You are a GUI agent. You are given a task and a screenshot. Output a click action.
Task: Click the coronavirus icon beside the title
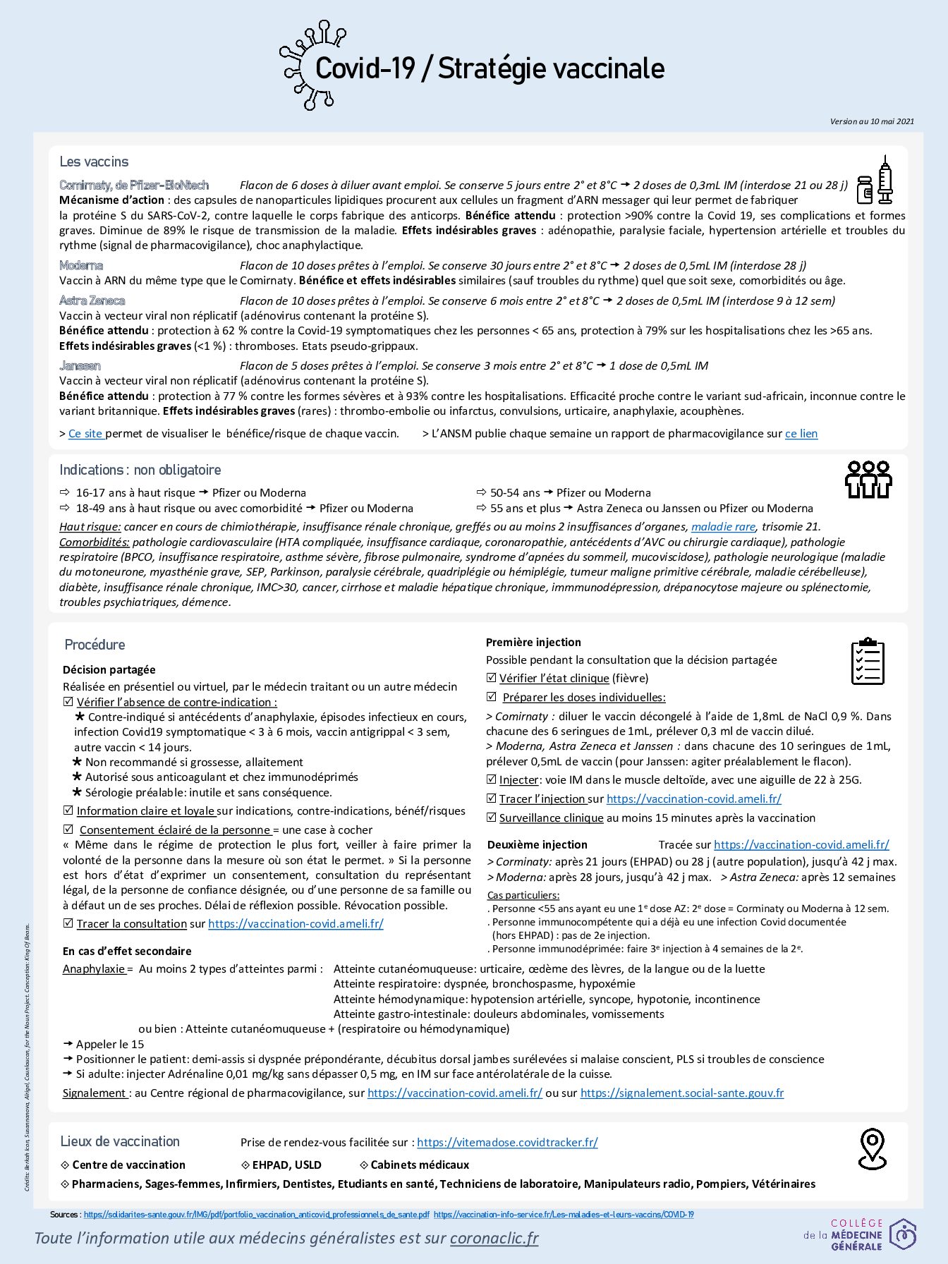(x=305, y=66)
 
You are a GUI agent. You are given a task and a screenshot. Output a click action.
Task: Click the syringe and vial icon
(x=875, y=182)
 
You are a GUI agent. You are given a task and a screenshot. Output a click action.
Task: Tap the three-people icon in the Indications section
(x=868, y=480)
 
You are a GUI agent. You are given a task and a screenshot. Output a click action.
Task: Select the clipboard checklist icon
(x=867, y=661)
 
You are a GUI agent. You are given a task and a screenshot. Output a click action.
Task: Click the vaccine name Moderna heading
(x=81, y=265)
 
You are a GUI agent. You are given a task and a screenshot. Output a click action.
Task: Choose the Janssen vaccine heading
(x=80, y=365)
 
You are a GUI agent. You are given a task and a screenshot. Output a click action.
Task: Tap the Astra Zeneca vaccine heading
(x=92, y=300)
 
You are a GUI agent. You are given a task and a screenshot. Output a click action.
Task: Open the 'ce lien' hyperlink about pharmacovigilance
(x=801, y=434)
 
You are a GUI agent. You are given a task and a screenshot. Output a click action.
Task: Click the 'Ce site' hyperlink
(x=85, y=434)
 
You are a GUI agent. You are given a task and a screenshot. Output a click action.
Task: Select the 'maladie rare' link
(x=723, y=527)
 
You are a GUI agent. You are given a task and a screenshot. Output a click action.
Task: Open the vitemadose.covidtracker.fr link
(x=507, y=1142)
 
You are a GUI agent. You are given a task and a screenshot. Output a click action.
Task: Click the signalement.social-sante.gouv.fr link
(x=681, y=1093)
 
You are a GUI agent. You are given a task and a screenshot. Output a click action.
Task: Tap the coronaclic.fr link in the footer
(x=494, y=1238)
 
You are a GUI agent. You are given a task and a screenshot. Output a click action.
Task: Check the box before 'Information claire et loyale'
(x=68, y=810)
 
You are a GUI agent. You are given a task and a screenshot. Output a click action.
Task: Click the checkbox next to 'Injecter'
(x=492, y=779)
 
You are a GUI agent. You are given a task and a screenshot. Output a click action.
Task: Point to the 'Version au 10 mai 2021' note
(x=872, y=121)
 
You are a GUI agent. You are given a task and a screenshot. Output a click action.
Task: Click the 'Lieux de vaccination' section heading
(x=120, y=1141)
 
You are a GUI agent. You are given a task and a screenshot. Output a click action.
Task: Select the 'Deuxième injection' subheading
(x=537, y=844)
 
